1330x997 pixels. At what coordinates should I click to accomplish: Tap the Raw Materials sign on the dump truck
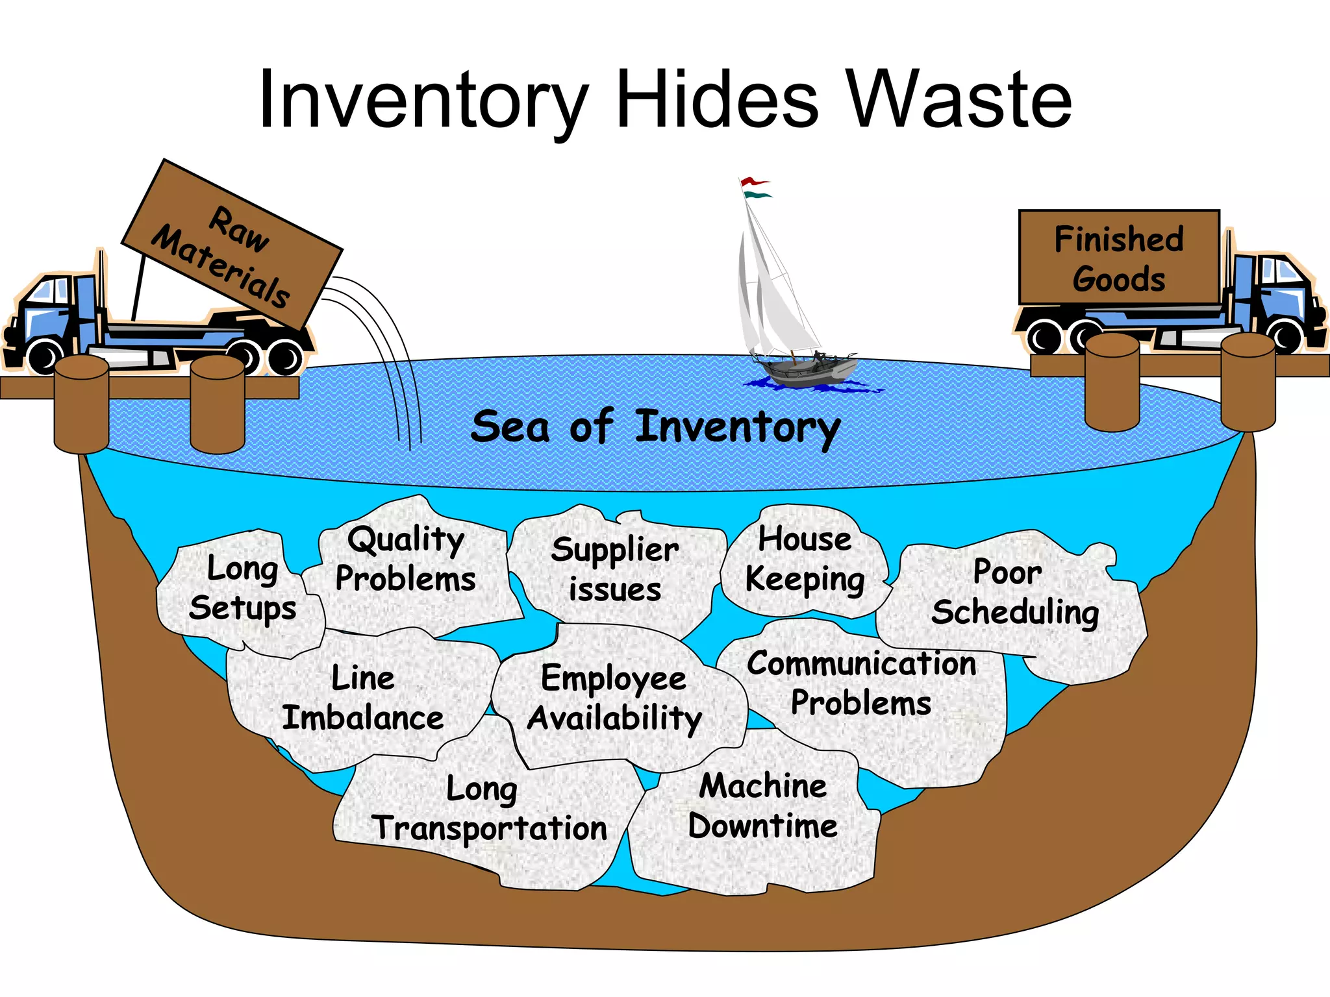point(231,245)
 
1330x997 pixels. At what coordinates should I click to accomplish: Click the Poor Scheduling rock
point(1013,593)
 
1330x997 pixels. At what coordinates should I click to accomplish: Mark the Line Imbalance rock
point(362,698)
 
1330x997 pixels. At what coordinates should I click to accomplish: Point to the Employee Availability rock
point(614,698)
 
